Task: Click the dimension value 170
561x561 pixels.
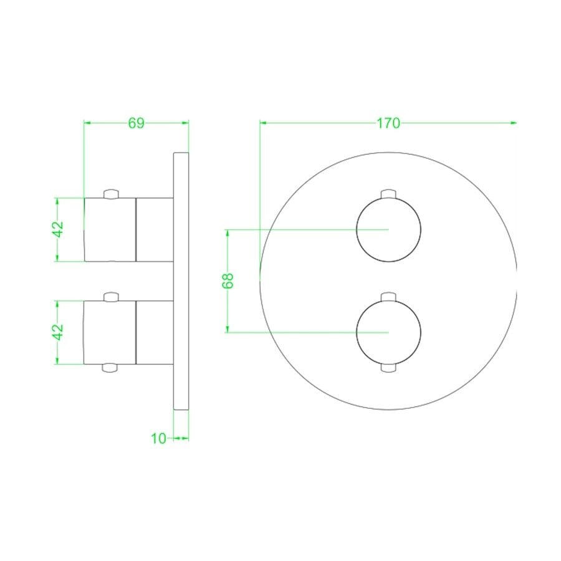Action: coord(388,123)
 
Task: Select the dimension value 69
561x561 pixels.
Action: coord(136,123)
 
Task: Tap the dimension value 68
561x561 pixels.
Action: coord(228,280)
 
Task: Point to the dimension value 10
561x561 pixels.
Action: coord(158,438)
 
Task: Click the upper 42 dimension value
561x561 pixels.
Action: coord(58,229)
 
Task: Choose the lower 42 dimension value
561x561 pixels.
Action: coord(58,332)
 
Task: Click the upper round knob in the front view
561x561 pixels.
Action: coord(388,230)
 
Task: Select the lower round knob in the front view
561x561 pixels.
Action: coord(388,332)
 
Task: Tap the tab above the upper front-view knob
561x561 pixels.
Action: coord(388,193)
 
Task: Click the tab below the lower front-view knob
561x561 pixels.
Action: coord(388,368)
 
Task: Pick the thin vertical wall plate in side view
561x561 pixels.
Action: coord(180,280)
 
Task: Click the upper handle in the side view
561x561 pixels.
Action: coord(128,229)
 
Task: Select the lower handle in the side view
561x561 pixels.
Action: coord(128,332)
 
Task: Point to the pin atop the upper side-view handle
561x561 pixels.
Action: coord(110,193)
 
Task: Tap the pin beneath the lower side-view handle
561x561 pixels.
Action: coord(110,368)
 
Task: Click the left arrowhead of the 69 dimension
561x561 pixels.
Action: coord(88,123)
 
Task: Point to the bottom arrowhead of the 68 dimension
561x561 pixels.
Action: coord(228,328)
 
